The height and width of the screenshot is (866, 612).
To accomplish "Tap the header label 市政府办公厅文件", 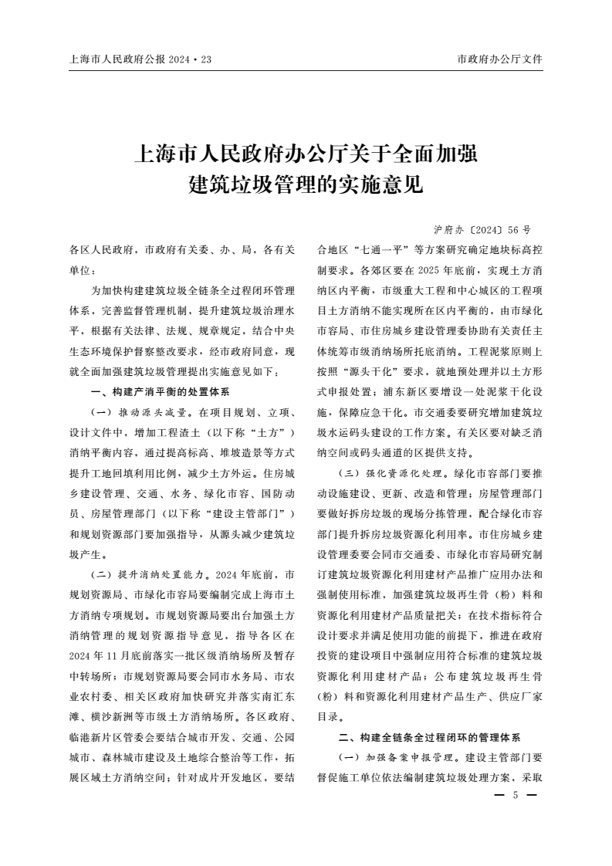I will coord(499,58).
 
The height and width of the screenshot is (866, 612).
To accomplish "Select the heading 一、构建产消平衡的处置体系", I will coord(155,392).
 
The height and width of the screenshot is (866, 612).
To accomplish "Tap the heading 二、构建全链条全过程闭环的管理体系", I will coord(430,738).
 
